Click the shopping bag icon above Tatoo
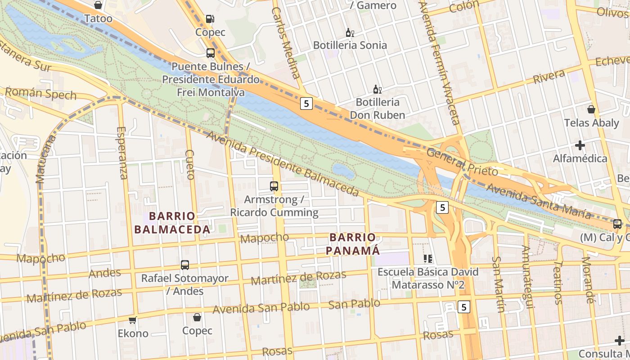pyautogui.click(x=98, y=5)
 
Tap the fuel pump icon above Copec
pyautogui.click(x=210, y=19)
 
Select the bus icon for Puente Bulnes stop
pyautogui.click(x=210, y=53)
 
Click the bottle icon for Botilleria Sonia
pyautogui.click(x=350, y=32)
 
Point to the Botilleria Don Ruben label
pyautogui.click(x=378, y=108)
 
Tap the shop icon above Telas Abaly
pyautogui.click(x=591, y=109)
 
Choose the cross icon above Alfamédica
pyautogui.click(x=580, y=145)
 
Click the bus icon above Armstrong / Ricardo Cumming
pyautogui.click(x=274, y=186)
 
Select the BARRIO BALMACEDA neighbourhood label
pyautogui.click(x=172, y=223)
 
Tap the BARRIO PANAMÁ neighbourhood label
pyautogui.click(x=352, y=243)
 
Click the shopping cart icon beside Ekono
pyautogui.click(x=133, y=320)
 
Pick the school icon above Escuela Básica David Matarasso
pyautogui.click(x=427, y=259)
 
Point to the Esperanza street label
pyautogui.click(x=122, y=153)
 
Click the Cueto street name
pyautogui.click(x=189, y=165)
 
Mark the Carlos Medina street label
pyautogui.click(x=286, y=43)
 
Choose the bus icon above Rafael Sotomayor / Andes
pyautogui.click(x=184, y=265)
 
